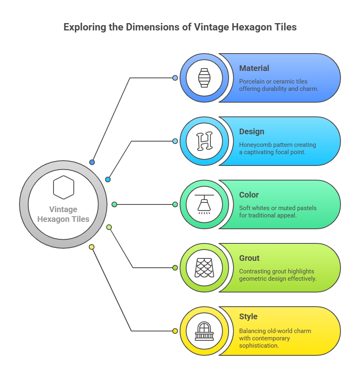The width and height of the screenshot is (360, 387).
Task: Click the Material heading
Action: (254, 68)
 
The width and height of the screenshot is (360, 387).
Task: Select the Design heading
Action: (251, 131)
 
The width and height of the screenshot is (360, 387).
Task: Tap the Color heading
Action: (249, 195)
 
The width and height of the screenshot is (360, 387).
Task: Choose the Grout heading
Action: (249, 258)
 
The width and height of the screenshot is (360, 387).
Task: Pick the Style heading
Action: (248, 316)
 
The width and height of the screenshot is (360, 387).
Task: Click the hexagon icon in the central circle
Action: (64, 187)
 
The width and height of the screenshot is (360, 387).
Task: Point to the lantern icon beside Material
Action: (204, 78)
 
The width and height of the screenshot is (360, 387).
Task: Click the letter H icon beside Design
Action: (204, 141)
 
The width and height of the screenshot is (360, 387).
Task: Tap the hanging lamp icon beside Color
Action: (204, 204)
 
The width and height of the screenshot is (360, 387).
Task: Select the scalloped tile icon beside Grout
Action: (204, 268)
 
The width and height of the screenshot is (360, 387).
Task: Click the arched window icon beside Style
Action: (204, 331)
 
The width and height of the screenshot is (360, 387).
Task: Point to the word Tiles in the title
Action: (285, 28)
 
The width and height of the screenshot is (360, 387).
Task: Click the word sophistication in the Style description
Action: (259, 345)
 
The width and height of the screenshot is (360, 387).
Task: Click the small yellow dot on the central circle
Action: (92, 247)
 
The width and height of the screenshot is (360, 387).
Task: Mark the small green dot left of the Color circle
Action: (175, 204)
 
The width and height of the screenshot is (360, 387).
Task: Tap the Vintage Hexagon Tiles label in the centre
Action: (63, 214)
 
